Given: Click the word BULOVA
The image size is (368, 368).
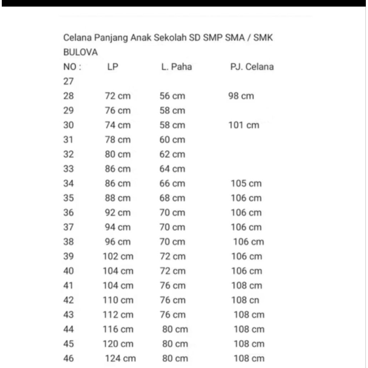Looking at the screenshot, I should point(80,52).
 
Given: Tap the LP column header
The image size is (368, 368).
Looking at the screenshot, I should point(112,67).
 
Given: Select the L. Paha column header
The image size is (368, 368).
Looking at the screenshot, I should point(176,67).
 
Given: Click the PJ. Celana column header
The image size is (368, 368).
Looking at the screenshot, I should point(252,67).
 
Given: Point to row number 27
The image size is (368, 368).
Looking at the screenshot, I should point(69,82).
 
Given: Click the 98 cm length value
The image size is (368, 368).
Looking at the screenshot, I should point(241,96).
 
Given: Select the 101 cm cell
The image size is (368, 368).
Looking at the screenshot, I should point(244,125).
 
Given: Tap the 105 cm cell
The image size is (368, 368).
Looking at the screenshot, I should point(246,184).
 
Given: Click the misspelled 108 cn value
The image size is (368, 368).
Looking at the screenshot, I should point(245,300).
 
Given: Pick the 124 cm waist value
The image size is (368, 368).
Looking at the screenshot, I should point(120,358).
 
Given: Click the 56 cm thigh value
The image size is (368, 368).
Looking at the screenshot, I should point(172,96).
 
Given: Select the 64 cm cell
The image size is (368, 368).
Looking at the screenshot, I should point(172,169).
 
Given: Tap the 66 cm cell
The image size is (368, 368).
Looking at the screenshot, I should point(172,184).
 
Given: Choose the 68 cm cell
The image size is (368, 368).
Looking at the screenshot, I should point(172,198).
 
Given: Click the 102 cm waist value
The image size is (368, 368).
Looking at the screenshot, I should point(118,256).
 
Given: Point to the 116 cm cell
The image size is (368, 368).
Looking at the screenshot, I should point(118,329).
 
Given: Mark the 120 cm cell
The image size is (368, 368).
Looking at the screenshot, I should point(118,344).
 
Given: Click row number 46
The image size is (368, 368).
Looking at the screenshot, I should point(69,358).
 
